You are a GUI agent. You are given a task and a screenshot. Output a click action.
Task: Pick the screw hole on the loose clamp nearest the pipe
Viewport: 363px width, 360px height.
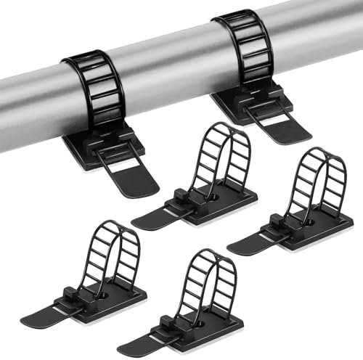tap(216, 196)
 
